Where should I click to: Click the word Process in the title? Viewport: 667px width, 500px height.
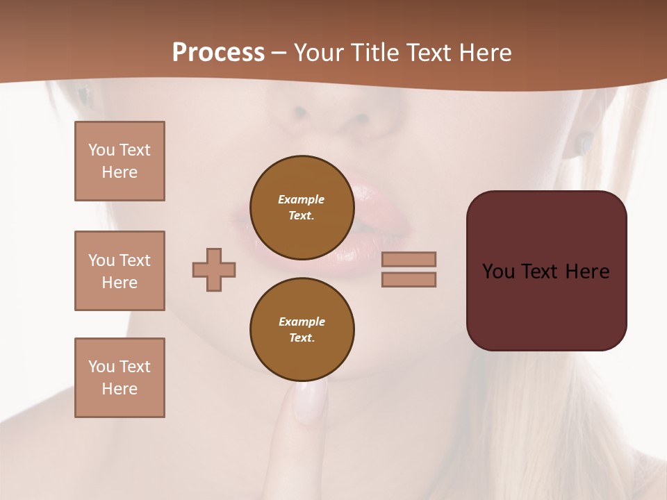click(x=218, y=53)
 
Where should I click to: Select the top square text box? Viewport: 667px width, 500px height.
click(x=120, y=161)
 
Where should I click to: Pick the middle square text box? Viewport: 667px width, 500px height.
click(x=120, y=271)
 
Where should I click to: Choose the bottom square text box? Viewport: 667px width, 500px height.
click(x=120, y=378)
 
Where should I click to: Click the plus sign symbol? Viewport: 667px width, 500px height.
click(x=214, y=269)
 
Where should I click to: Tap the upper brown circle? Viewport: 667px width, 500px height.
click(x=302, y=208)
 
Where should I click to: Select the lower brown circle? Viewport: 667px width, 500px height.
click(x=302, y=330)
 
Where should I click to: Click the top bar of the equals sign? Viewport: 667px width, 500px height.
click(x=409, y=259)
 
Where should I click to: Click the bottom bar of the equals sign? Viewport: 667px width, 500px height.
click(x=409, y=279)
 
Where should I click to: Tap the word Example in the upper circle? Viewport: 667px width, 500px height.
click(x=301, y=199)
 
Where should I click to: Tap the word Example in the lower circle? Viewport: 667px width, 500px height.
click(x=302, y=322)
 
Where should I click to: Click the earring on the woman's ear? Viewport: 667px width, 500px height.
click(x=584, y=144)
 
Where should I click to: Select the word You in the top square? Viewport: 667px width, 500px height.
click(x=101, y=150)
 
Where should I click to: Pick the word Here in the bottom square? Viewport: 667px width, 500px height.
click(x=120, y=389)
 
